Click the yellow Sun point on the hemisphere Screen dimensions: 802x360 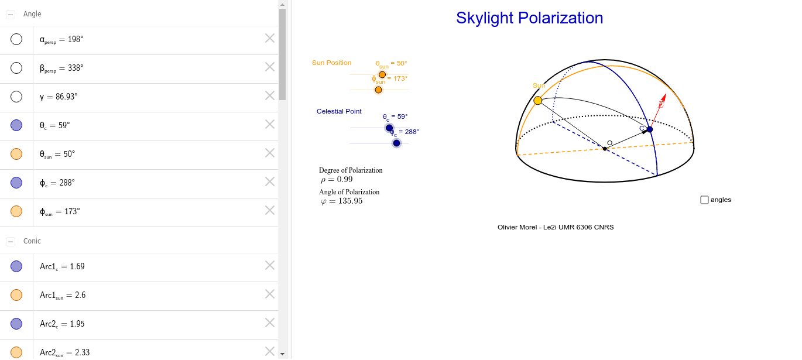[x=538, y=101]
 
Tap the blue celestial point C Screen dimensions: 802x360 [x=649, y=129]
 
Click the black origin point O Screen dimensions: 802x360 [x=605, y=149]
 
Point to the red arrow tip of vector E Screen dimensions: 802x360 [x=665, y=94]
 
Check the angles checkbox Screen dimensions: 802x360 [x=704, y=200]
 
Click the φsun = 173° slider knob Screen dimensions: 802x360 [x=378, y=90]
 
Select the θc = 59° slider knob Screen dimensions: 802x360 [x=389, y=128]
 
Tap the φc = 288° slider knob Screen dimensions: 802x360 [x=396, y=143]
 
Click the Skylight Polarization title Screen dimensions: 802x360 [x=530, y=18]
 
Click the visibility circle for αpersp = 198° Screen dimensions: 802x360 [x=16, y=39]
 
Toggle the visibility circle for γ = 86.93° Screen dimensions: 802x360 [x=16, y=97]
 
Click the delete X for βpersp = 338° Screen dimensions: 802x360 [x=270, y=67]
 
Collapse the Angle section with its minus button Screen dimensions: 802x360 [x=11, y=14]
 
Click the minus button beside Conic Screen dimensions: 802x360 [x=11, y=242]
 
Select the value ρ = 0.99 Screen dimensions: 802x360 [x=337, y=180]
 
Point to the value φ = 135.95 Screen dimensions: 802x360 [x=341, y=201]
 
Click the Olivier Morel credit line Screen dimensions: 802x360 [x=556, y=227]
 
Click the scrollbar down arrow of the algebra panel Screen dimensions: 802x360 [x=282, y=354]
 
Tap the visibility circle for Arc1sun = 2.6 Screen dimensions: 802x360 [x=16, y=295]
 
